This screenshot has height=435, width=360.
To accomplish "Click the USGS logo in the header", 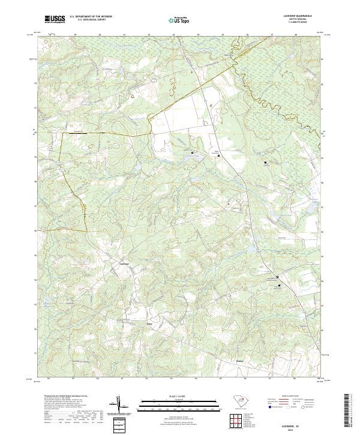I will (55, 19).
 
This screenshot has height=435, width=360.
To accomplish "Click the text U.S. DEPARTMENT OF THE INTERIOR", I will (90, 17).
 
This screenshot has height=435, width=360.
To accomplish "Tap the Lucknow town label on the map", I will (125, 264).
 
